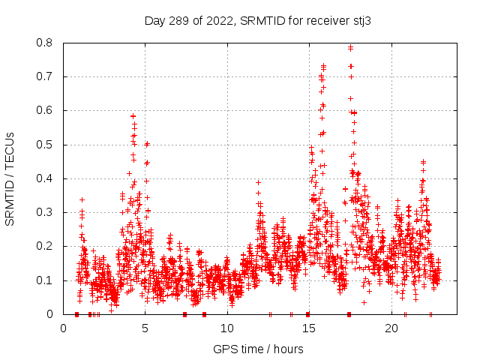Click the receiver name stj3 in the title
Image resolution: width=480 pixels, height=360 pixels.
click(x=361, y=21)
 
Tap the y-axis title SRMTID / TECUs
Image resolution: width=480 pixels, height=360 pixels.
click(x=10, y=178)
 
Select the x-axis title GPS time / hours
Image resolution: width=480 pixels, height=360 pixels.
click(x=258, y=349)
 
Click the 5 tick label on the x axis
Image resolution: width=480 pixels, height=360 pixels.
click(x=145, y=328)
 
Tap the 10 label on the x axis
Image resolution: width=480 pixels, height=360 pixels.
click(x=227, y=328)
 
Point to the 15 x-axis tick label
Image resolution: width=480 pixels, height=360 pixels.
click(x=310, y=328)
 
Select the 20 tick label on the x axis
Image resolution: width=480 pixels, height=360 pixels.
click(x=391, y=328)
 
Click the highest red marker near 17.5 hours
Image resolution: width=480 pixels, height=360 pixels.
click(x=350, y=47)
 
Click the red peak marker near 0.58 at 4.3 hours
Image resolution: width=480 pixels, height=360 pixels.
click(x=133, y=116)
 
